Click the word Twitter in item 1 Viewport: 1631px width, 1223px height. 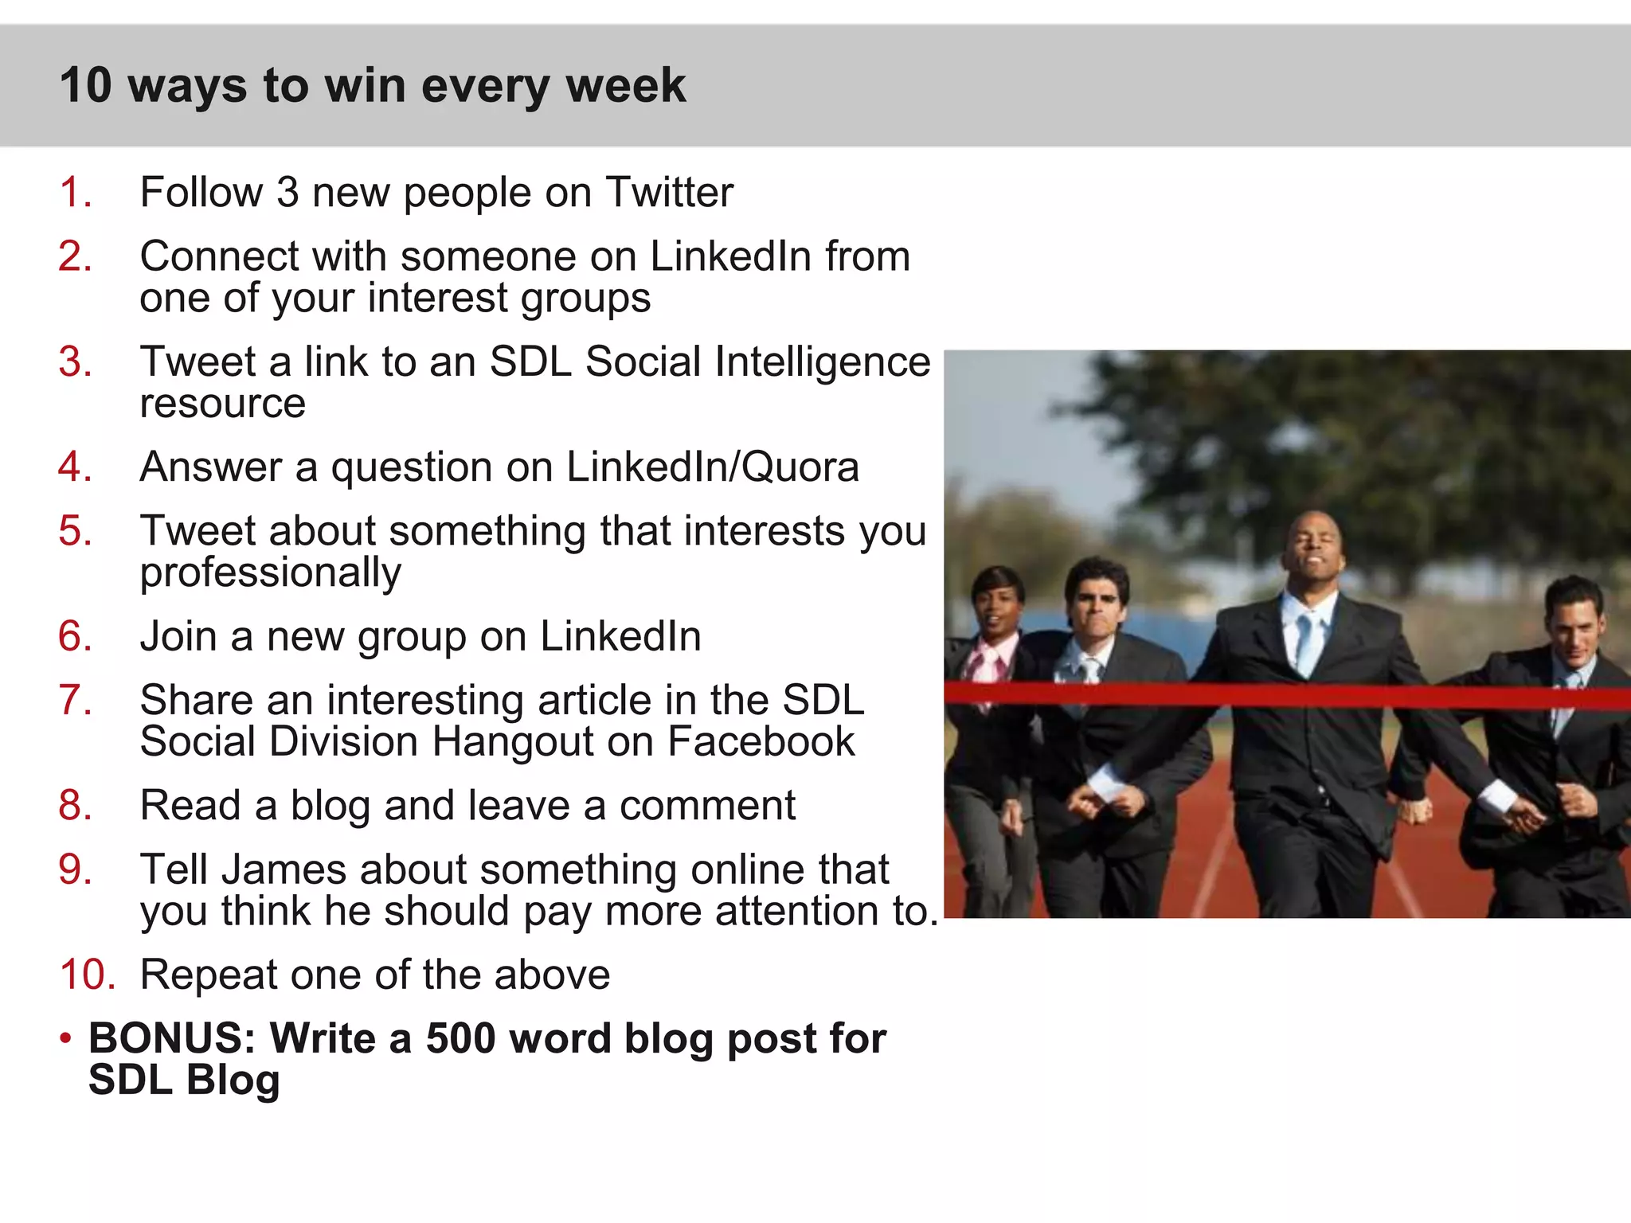click(x=669, y=193)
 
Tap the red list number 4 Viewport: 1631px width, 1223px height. click(x=75, y=467)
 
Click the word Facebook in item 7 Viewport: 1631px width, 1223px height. click(x=761, y=742)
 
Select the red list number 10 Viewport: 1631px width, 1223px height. click(x=87, y=975)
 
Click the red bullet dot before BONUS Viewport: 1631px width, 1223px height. click(x=66, y=1038)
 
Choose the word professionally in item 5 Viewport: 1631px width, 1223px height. click(x=271, y=573)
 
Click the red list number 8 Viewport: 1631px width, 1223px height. click(x=75, y=806)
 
